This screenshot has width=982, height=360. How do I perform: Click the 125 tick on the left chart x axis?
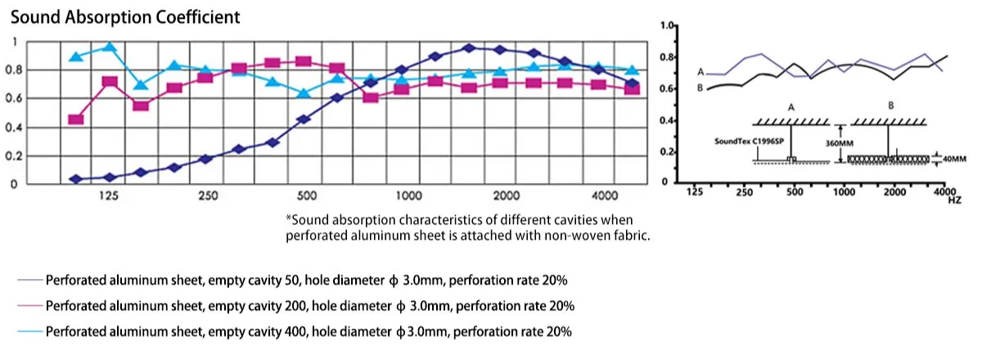tap(108, 196)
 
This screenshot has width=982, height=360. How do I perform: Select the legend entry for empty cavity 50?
tap(307, 280)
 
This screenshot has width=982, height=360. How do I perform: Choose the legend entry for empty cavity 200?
tap(310, 306)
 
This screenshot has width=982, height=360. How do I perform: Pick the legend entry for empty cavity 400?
tap(309, 332)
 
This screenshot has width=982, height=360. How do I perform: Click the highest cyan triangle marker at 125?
tap(108, 47)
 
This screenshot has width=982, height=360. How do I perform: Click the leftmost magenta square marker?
tap(76, 119)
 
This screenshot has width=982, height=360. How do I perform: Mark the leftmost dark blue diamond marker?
tap(76, 178)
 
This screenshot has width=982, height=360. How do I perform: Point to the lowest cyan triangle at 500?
tap(304, 92)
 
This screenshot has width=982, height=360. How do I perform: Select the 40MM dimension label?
tap(954, 160)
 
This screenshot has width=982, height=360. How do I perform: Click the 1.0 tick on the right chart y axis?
tap(667, 27)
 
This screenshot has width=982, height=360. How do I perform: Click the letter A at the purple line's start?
tap(700, 72)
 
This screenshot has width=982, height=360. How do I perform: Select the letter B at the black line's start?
tap(700, 87)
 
